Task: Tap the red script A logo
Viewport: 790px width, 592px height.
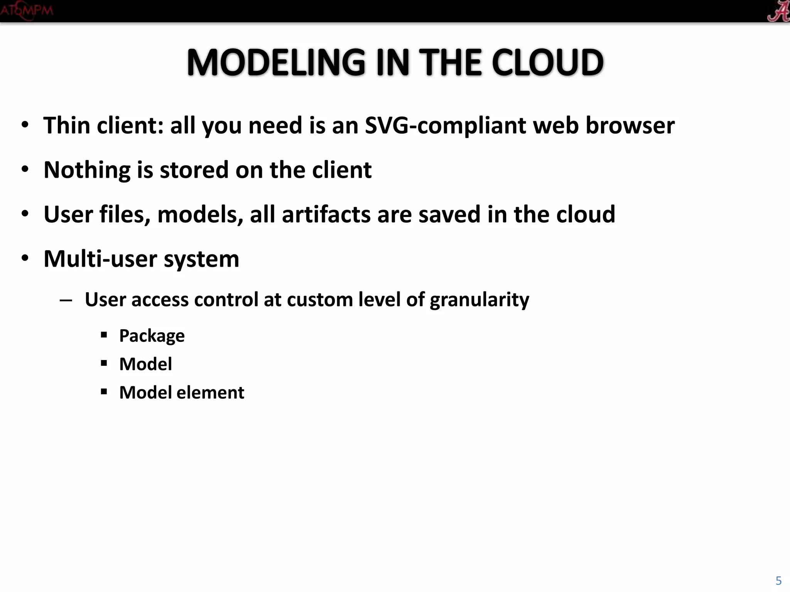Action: coord(777,11)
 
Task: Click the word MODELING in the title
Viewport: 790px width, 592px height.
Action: coord(276,62)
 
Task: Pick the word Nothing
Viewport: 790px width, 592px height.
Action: coord(87,170)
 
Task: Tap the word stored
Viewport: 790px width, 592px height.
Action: coord(194,170)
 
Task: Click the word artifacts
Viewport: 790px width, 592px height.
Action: coord(326,214)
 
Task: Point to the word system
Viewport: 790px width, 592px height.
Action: coord(201,259)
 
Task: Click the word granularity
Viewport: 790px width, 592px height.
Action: coord(479,300)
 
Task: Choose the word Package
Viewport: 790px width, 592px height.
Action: coord(152,336)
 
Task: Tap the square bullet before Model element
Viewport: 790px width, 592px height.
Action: coord(103,392)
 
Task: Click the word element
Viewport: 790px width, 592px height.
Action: coord(210,392)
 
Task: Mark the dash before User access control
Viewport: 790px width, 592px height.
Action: coord(66,300)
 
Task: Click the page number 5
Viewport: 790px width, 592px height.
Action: coord(778,580)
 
